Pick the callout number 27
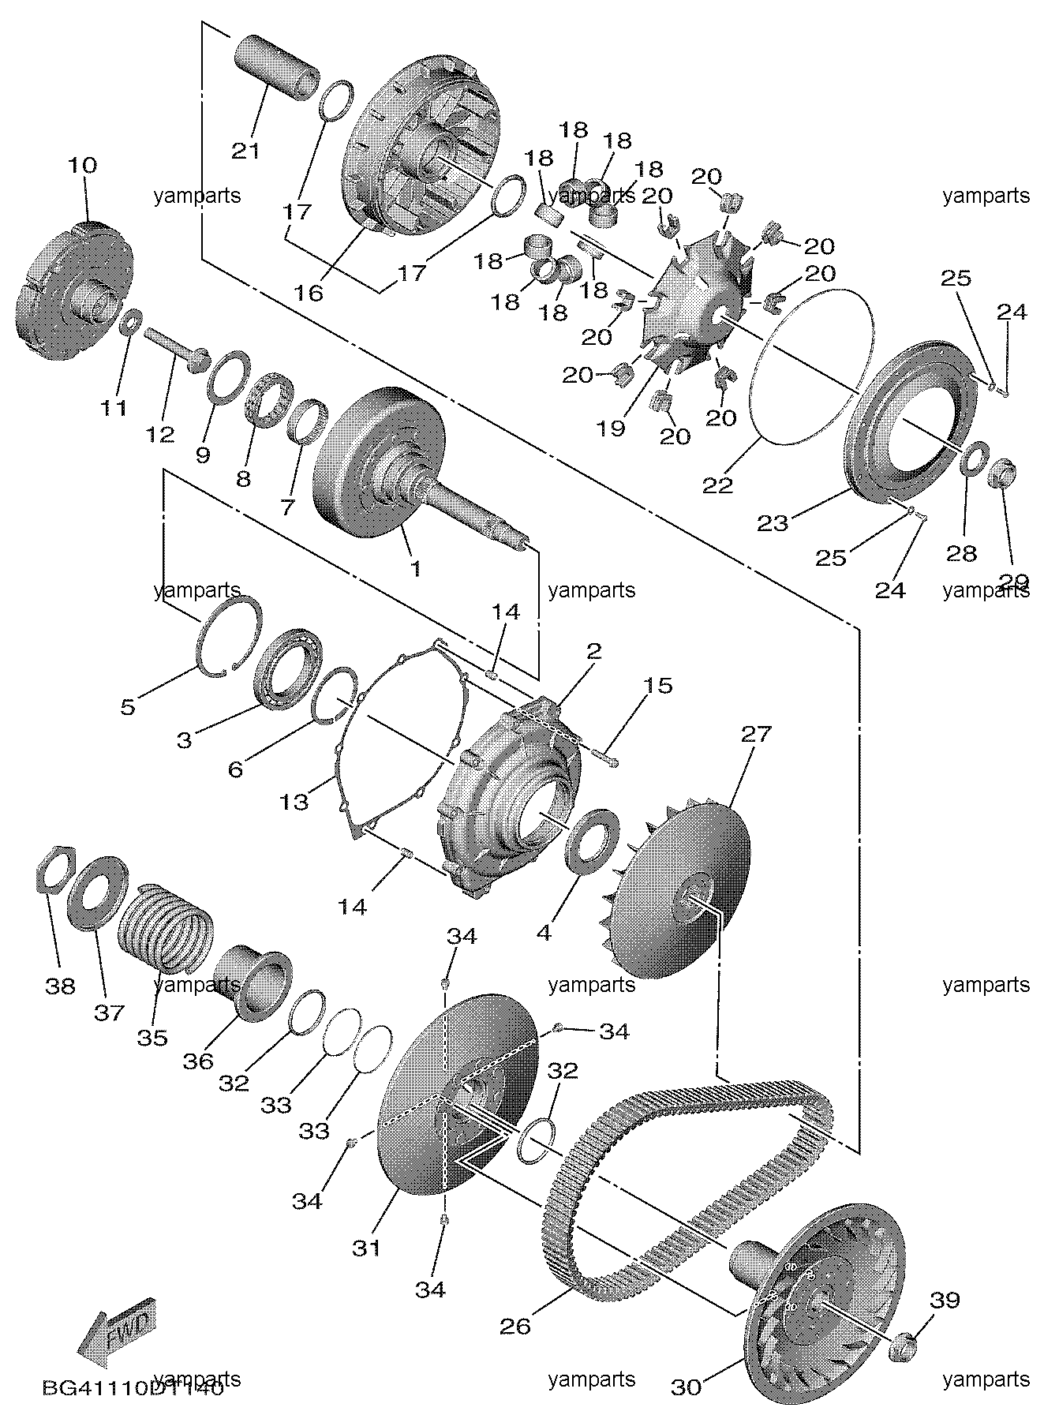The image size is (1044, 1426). (755, 735)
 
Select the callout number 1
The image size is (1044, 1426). (416, 567)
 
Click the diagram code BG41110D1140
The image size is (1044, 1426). (133, 1389)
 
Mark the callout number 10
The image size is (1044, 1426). (82, 165)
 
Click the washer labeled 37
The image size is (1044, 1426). (98, 891)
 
